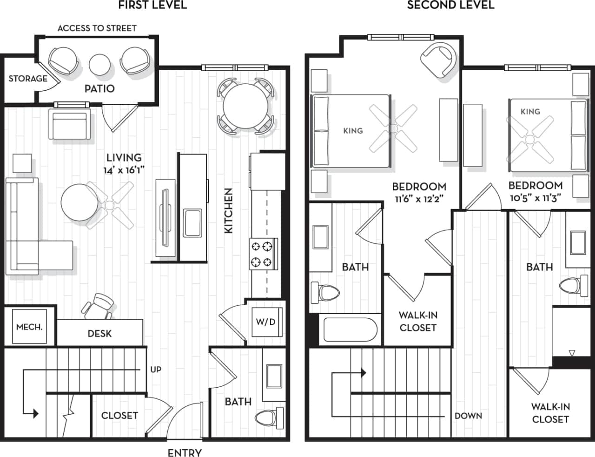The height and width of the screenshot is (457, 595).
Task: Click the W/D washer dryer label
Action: pos(265,322)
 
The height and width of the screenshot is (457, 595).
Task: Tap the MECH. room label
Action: pos(29,327)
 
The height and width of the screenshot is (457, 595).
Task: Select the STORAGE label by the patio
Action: pos(28,79)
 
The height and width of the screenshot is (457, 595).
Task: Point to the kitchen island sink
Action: pos(192,223)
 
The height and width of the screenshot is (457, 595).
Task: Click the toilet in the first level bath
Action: pos(269,417)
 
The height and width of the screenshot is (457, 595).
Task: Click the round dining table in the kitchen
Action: pos(244,107)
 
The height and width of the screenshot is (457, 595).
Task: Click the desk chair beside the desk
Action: pos(99,306)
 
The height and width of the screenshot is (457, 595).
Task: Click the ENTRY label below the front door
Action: pos(185,452)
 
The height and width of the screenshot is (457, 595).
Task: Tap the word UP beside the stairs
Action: pos(156,370)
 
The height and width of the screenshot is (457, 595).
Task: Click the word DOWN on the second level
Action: pos(468,416)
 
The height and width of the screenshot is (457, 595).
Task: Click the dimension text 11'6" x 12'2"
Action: pos(419,199)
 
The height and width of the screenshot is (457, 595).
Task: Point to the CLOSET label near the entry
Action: pos(119,415)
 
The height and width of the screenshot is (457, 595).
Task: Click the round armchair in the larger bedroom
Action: pos(438,60)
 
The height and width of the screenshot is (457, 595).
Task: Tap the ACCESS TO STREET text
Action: pos(97,28)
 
